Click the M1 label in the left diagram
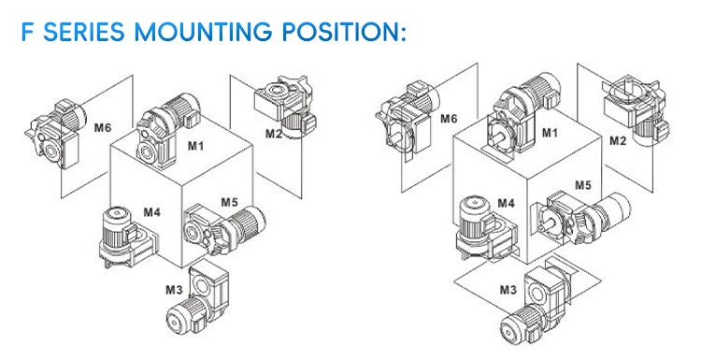(x=197, y=145)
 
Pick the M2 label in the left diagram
(x=273, y=133)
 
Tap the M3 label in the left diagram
(x=173, y=290)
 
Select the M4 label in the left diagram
(x=152, y=211)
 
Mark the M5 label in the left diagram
(x=230, y=201)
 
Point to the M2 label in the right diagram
(x=618, y=142)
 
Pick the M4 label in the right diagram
(x=506, y=202)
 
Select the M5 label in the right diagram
(x=582, y=185)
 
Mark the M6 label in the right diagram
(x=449, y=119)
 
